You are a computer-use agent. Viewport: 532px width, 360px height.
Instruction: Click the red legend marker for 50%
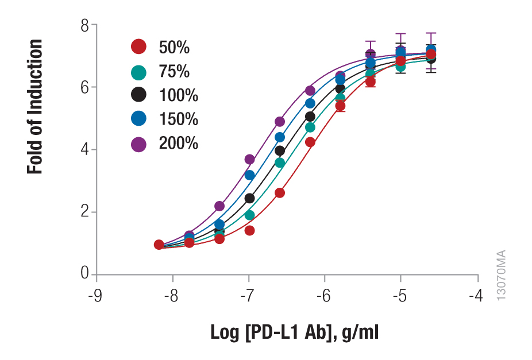[138, 48]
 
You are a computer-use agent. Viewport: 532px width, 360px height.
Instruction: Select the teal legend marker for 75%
[138, 72]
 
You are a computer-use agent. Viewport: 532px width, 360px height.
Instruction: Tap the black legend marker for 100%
[138, 95]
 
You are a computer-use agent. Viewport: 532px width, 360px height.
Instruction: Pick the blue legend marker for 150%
[138, 119]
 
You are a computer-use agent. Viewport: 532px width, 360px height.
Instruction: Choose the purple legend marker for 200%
[138, 144]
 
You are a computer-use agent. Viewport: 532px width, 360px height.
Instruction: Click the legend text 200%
[179, 144]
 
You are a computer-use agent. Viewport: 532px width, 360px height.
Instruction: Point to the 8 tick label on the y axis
[85, 26]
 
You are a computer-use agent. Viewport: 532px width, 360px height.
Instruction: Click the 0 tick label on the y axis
[85, 274]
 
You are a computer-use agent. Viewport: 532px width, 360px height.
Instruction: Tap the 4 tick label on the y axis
[85, 150]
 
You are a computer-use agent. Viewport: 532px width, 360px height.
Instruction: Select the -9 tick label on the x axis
[95, 296]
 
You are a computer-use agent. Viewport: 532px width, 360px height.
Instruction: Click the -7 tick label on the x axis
[248, 296]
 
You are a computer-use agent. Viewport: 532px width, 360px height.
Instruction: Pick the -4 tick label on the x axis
[476, 296]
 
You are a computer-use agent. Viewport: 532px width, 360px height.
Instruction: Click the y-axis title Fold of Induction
[35, 107]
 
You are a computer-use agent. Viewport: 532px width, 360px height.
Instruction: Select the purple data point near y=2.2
[219, 206]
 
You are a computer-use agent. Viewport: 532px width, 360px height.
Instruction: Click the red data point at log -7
[249, 230]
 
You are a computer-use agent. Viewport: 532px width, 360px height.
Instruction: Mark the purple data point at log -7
[249, 159]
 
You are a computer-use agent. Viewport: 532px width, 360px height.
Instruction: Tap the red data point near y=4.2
[310, 142]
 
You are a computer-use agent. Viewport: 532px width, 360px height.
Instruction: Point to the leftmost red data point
[159, 245]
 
